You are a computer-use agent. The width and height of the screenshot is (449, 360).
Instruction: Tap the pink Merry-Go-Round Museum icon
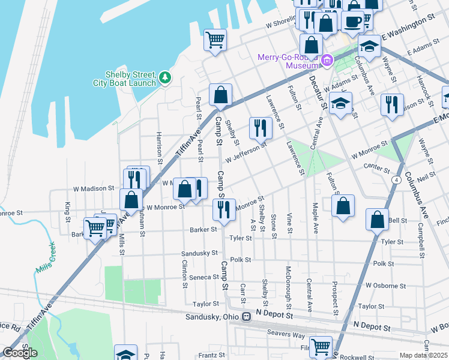tap(327, 59)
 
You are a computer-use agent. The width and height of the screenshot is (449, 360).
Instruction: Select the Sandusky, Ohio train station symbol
tap(246, 317)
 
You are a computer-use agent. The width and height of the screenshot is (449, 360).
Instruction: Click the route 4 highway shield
tap(397, 179)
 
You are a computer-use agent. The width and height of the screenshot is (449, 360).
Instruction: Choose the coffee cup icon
tap(353, 21)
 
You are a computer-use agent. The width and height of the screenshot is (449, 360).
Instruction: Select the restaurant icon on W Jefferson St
tap(261, 127)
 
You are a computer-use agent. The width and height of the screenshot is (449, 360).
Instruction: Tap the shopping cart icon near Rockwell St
tap(321, 346)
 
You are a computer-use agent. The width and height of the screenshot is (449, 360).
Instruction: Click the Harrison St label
tap(159, 148)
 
